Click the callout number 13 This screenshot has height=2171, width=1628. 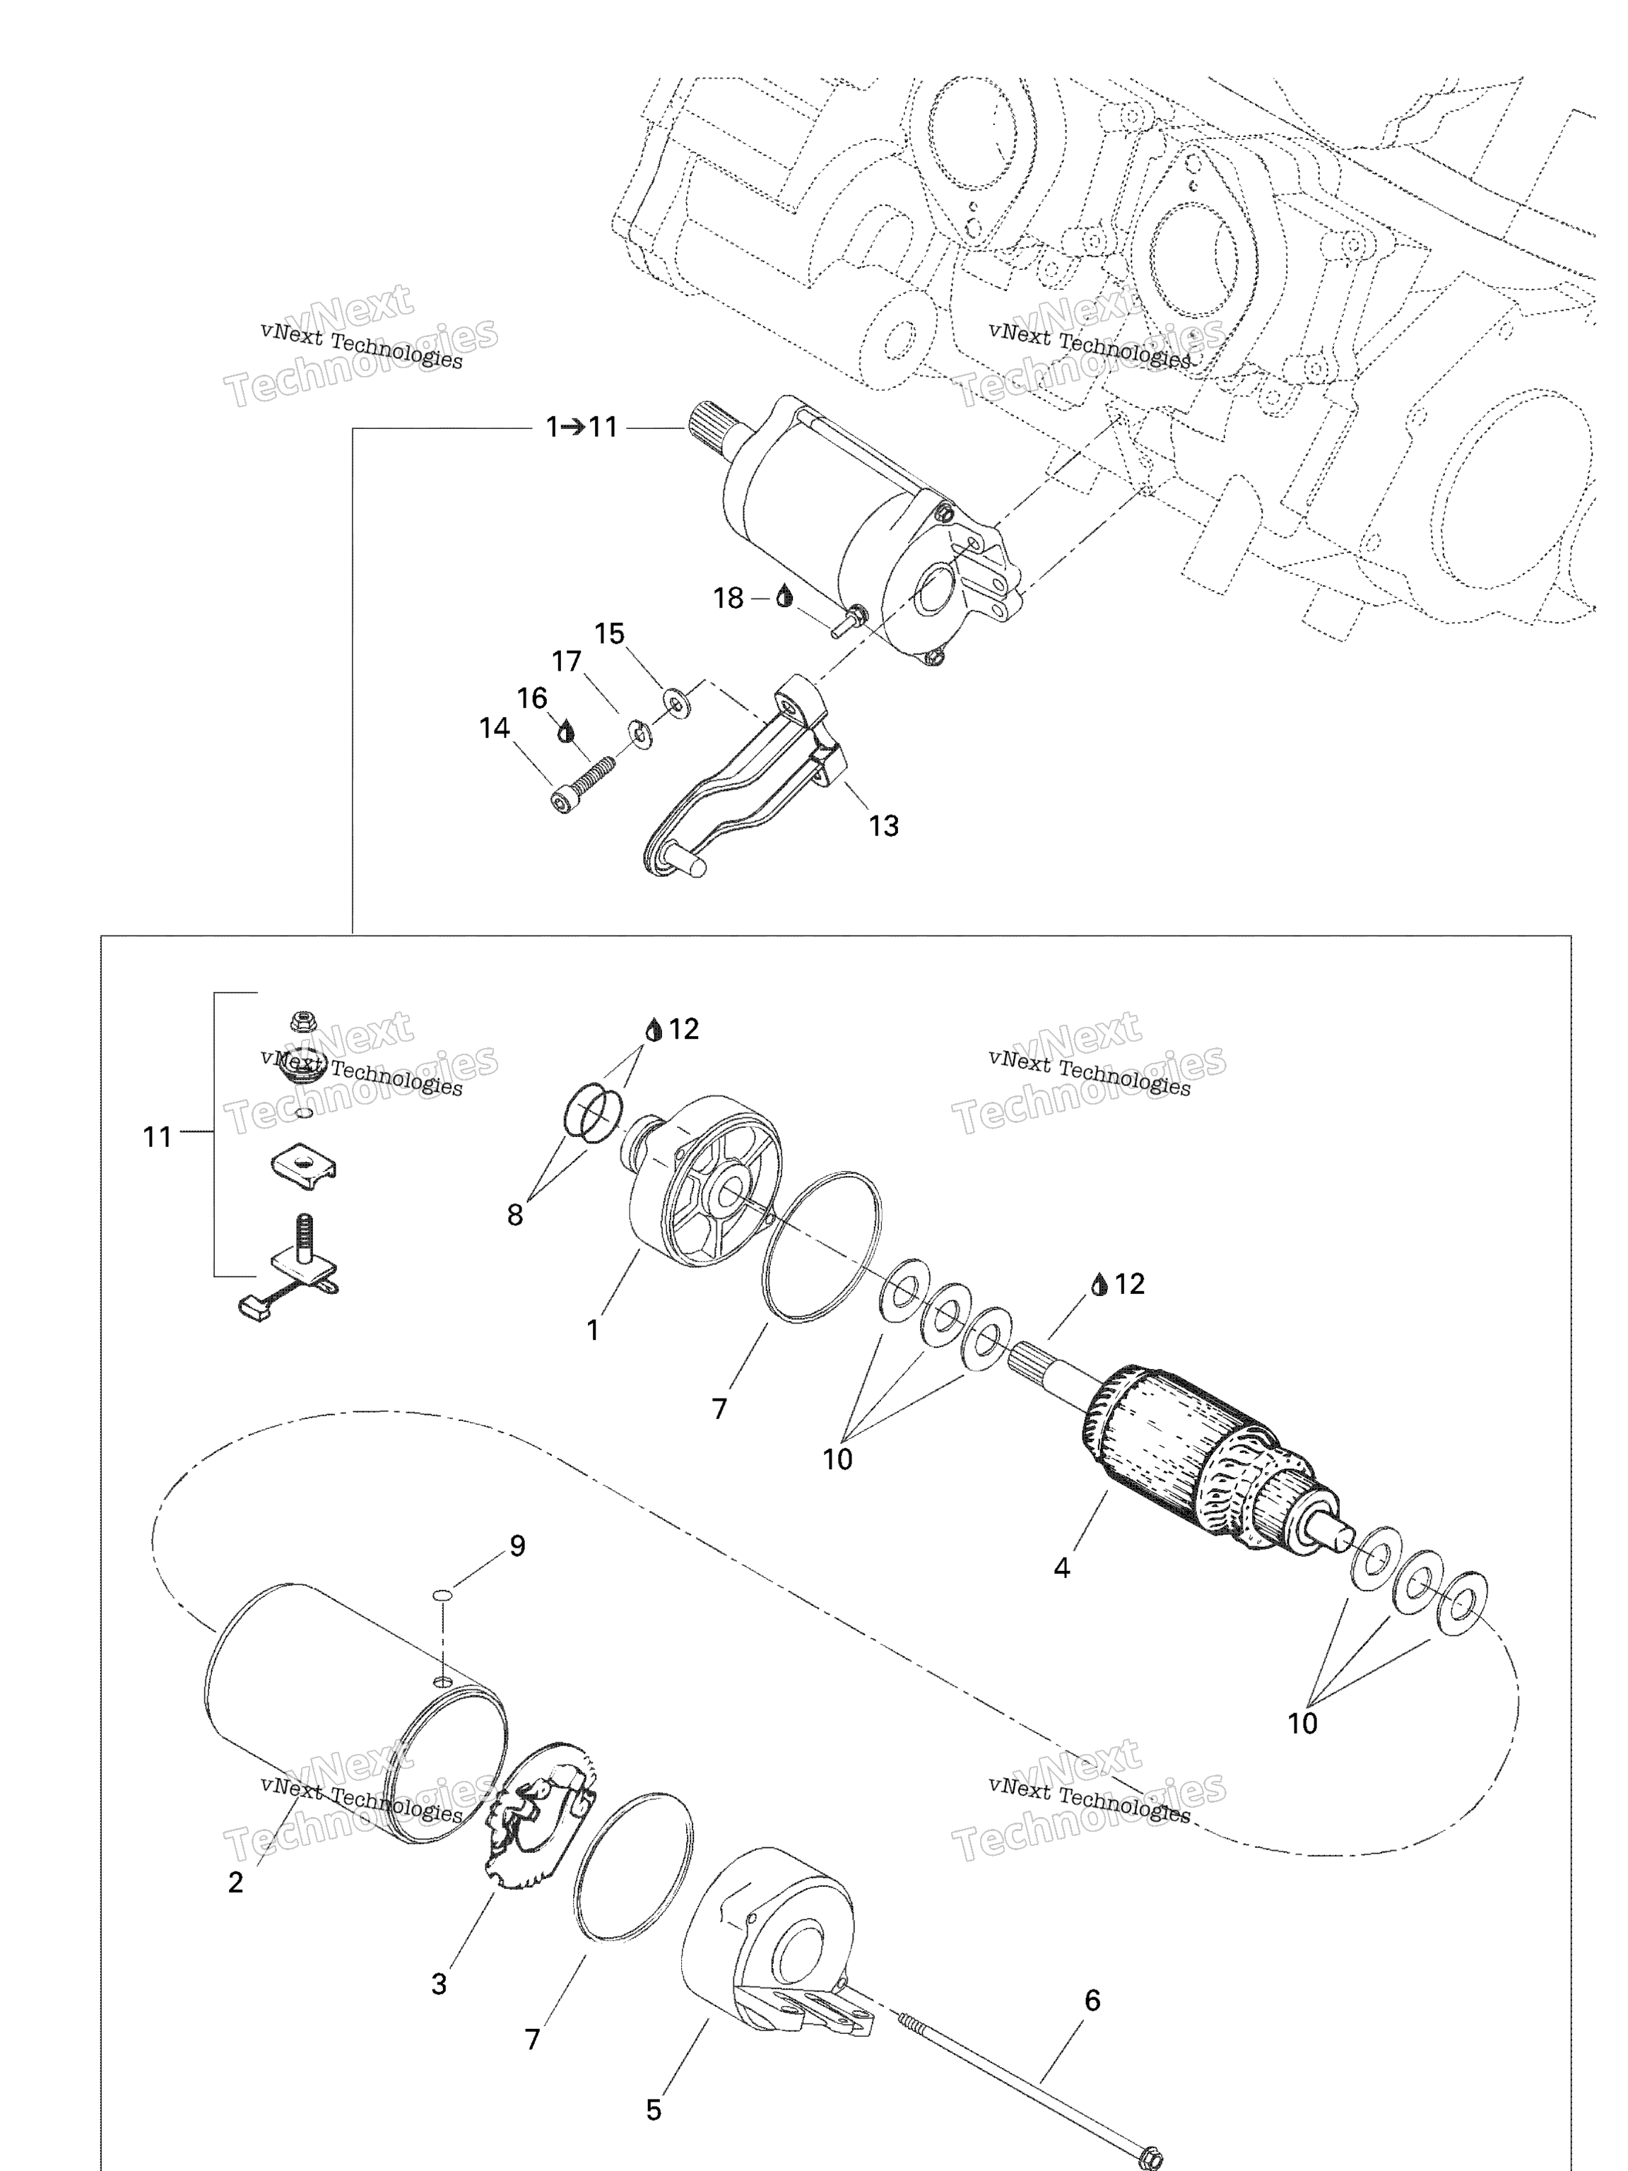(883, 825)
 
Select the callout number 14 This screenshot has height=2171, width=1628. (495, 727)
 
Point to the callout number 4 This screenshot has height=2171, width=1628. (1062, 1567)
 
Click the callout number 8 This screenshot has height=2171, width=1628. (515, 1215)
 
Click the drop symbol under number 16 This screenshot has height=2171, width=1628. (565, 731)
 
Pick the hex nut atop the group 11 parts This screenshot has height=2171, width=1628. (303, 1022)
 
